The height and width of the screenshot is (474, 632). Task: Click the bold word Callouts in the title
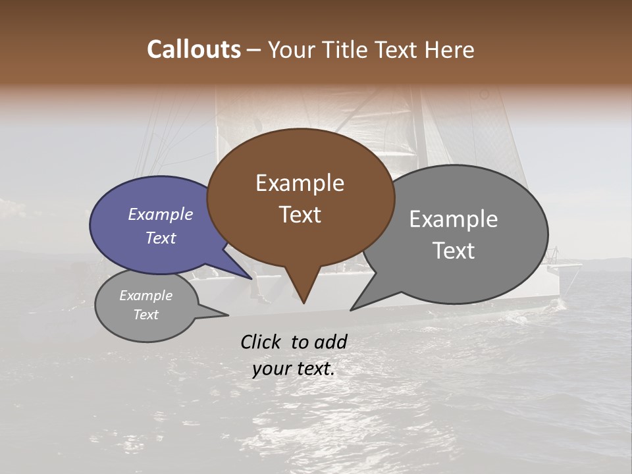click(x=194, y=49)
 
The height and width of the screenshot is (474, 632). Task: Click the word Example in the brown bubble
click(x=300, y=183)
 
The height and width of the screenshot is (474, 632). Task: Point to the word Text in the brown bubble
click(x=300, y=215)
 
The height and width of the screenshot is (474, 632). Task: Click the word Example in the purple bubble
click(x=160, y=214)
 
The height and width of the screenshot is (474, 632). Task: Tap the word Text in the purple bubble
click(x=160, y=238)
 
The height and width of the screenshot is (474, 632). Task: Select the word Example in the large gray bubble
click(x=454, y=219)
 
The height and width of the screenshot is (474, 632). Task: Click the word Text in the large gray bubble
click(x=454, y=251)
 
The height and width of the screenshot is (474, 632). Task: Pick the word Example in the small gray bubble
click(x=145, y=296)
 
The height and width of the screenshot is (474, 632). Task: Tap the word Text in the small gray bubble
click(x=145, y=315)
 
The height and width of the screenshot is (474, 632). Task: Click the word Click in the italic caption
click(x=261, y=342)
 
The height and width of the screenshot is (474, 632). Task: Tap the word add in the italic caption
click(x=330, y=342)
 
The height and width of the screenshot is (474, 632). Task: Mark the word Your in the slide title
click(x=292, y=49)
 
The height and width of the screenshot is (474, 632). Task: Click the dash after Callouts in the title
click(x=254, y=50)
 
